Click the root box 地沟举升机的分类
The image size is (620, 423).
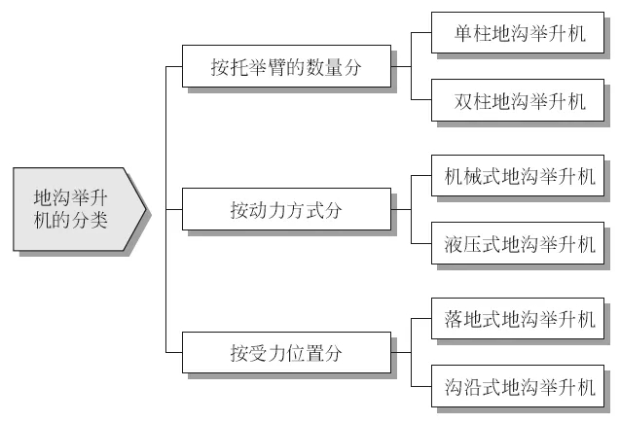[x=76, y=207]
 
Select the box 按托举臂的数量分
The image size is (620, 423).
[x=285, y=68]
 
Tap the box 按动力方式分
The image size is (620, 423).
[x=285, y=208]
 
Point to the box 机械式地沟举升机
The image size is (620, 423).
[x=518, y=176]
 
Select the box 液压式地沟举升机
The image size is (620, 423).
[x=518, y=243]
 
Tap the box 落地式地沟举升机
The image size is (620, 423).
[x=518, y=318]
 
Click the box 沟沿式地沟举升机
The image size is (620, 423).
[x=518, y=386]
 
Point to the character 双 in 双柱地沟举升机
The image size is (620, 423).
[x=463, y=100]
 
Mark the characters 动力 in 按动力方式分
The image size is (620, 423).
[x=267, y=208]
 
